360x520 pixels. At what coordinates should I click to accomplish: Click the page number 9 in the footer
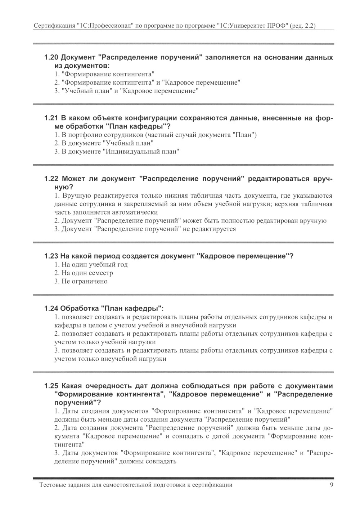click(x=332, y=485)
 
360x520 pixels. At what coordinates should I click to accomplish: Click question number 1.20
click(x=51, y=58)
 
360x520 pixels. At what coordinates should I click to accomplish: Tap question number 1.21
click(x=51, y=118)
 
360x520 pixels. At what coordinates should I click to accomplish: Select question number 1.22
click(x=51, y=179)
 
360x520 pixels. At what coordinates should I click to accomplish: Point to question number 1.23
click(x=51, y=256)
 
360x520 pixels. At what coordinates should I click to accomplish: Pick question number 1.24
click(x=51, y=309)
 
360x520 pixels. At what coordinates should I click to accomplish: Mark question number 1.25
click(x=51, y=386)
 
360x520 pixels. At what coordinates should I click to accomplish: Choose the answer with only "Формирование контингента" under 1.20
click(x=102, y=74)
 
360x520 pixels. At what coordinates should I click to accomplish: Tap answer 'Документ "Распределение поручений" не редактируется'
click(x=145, y=229)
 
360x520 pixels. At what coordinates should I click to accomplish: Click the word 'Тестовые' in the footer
click(x=52, y=485)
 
